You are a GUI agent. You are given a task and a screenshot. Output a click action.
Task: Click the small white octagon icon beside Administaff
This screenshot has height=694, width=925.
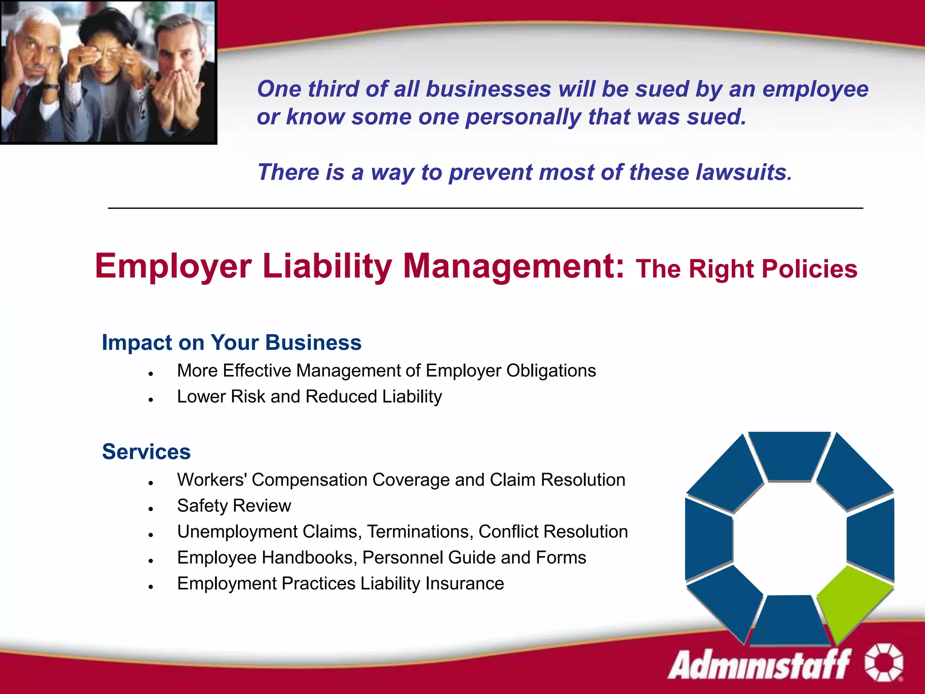[x=883, y=662]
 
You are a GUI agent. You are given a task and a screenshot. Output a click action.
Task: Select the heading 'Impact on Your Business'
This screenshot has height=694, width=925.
[x=231, y=342]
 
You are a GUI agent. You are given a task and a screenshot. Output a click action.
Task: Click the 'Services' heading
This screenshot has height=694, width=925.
[x=146, y=452]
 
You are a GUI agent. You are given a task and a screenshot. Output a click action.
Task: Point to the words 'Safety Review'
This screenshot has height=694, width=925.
[x=234, y=506]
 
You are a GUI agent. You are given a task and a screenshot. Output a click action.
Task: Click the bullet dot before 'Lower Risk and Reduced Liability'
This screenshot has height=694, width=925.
[x=151, y=400]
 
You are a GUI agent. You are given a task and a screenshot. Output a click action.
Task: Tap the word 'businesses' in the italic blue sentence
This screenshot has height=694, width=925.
[x=488, y=89]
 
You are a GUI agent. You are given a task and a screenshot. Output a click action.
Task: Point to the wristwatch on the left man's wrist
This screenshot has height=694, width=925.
[x=51, y=86]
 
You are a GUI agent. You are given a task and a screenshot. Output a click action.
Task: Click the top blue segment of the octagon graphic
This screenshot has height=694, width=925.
[x=790, y=455]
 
